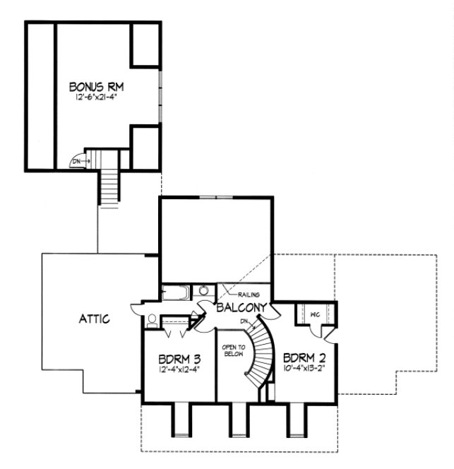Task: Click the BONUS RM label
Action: [x=97, y=87]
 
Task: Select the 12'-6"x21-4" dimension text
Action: [x=97, y=99]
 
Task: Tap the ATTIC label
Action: [x=93, y=319]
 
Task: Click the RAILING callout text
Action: [x=250, y=295]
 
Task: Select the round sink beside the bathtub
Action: [x=203, y=290]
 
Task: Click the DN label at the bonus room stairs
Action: [x=76, y=162]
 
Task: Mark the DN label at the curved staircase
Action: [x=244, y=322]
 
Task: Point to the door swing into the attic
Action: [x=136, y=309]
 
